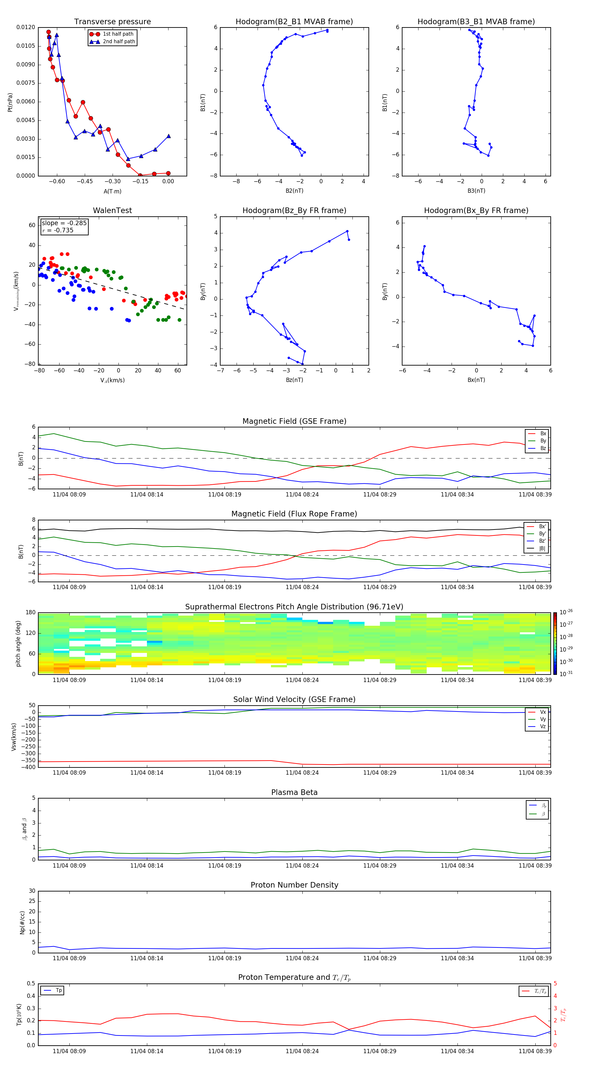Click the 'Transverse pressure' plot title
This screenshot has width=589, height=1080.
pyautogui.click(x=112, y=22)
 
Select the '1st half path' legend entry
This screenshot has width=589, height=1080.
pyautogui.click(x=118, y=34)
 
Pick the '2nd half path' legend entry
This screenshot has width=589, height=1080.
pyautogui.click(x=119, y=42)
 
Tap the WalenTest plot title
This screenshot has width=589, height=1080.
pyautogui.click(x=112, y=210)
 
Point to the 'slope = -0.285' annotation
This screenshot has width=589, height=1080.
pyautogui.click(x=64, y=223)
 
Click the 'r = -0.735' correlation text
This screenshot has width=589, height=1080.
pyautogui.click(x=58, y=230)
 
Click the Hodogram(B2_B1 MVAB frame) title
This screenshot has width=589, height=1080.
pyautogui.click(x=294, y=22)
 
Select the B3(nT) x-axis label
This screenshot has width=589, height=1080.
pyautogui.click(x=476, y=191)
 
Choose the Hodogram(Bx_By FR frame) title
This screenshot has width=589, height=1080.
pyautogui.click(x=476, y=210)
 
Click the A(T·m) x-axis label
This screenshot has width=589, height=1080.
pyautogui.click(x=112, y=191)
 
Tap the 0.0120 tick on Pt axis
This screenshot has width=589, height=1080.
pyautogui.click(x=26, y=27)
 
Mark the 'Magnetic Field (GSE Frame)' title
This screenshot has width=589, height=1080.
pyautogui.click(x=294, y=421)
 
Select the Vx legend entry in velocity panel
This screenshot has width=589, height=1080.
pyautogui.click(x=543, y=712)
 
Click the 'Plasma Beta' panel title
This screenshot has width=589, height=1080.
pyautogui.click(x=294, y=792)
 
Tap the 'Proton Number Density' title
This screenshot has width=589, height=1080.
pyautogui.click(x=294, y=885)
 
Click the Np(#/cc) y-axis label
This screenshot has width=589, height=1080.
pyautogui.click(x=22, y=922)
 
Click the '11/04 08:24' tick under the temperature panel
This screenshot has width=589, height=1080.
pyautogui.click(x=302, y=1051)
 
